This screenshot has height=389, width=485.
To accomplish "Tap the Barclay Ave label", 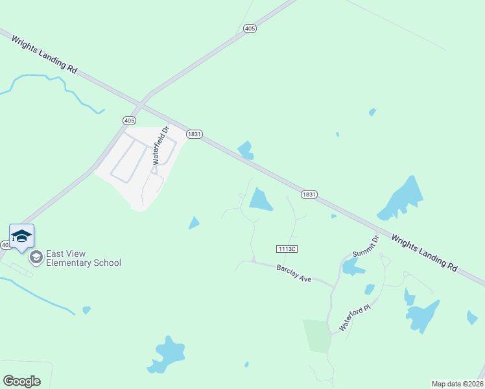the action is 294,273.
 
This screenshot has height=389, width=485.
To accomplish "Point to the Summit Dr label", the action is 364,245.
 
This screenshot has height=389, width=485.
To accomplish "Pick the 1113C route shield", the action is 286,249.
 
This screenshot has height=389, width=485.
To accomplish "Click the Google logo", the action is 21,381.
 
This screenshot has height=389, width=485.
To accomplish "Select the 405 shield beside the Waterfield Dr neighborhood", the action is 128,121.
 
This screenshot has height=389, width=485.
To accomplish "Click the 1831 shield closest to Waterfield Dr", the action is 195,134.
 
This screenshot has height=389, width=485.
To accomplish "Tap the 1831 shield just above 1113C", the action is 309,194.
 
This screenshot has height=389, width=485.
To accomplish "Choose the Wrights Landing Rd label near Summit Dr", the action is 425,252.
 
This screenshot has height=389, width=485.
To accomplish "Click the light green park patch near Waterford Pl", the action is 317,335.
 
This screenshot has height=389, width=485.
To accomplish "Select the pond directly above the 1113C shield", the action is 261,199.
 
